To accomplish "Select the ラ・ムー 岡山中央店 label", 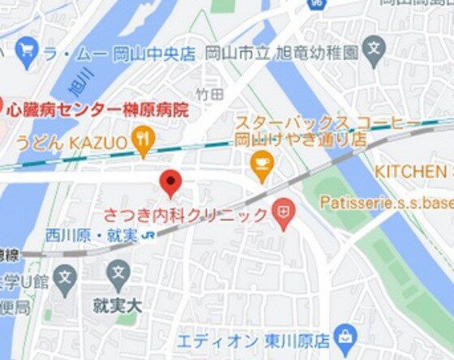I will pos(119,54).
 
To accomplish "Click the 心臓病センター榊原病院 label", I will pos(101,109).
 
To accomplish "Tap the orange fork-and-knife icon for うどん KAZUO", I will pos(143,142).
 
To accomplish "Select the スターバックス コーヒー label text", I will pos(328,123).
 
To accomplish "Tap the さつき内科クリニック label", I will pos(186,216).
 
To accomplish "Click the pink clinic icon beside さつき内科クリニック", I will pos(283,214).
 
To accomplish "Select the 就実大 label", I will pos(118,306).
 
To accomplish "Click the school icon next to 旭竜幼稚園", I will pos(373,51).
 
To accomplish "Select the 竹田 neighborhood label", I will pos(209,95).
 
